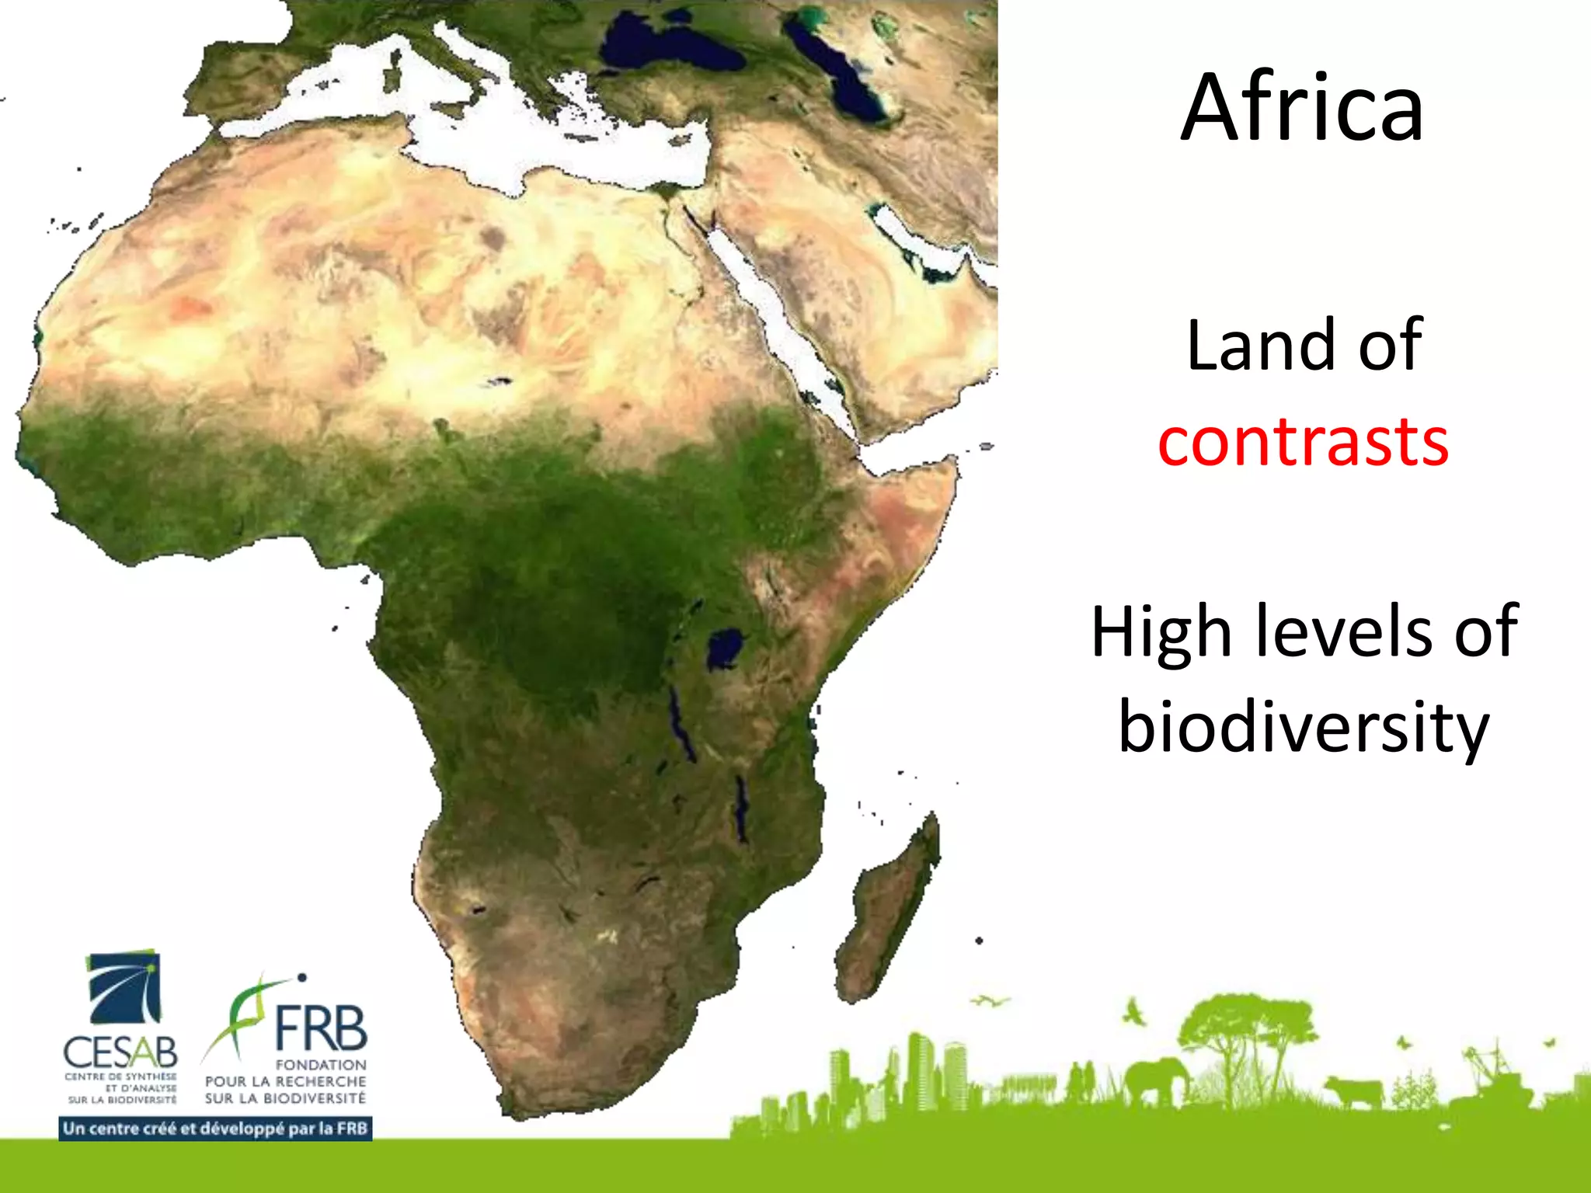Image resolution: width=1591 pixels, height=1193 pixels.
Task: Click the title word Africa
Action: click(1303, 109)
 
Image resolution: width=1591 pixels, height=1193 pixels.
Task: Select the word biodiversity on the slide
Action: click(1303, 726)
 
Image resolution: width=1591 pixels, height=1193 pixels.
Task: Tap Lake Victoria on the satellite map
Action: click(725, 649)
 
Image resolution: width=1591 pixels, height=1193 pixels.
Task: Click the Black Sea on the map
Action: click(668, 47)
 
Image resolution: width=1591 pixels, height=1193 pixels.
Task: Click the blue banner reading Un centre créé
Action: click(215, 1129)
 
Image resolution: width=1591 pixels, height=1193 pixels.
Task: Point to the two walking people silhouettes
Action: click(1081, 1081)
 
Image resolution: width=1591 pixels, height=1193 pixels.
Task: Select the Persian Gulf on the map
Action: click(921, 241)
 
